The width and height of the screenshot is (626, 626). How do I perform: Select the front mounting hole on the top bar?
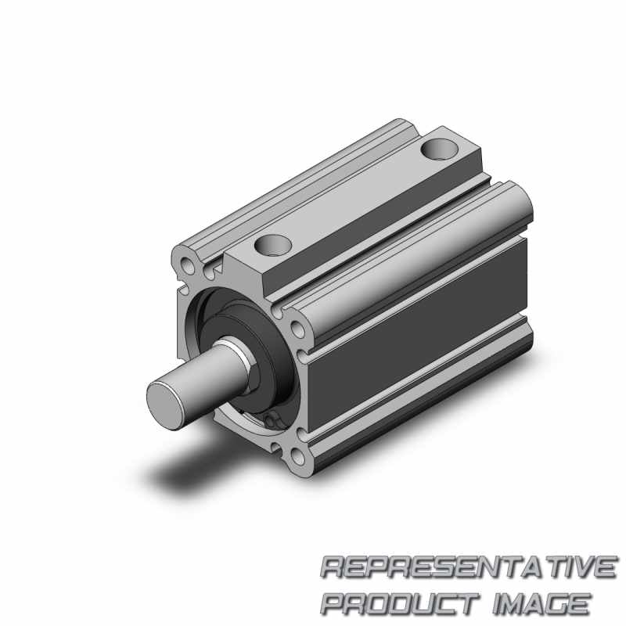coord(272,244)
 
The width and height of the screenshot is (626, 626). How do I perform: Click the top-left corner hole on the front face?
coord(187,265)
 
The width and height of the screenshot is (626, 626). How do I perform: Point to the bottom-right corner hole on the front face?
coord(297,456)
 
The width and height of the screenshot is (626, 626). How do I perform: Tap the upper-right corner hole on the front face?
coord(297,328)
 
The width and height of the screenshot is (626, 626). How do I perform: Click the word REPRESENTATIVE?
coord(468,567)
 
